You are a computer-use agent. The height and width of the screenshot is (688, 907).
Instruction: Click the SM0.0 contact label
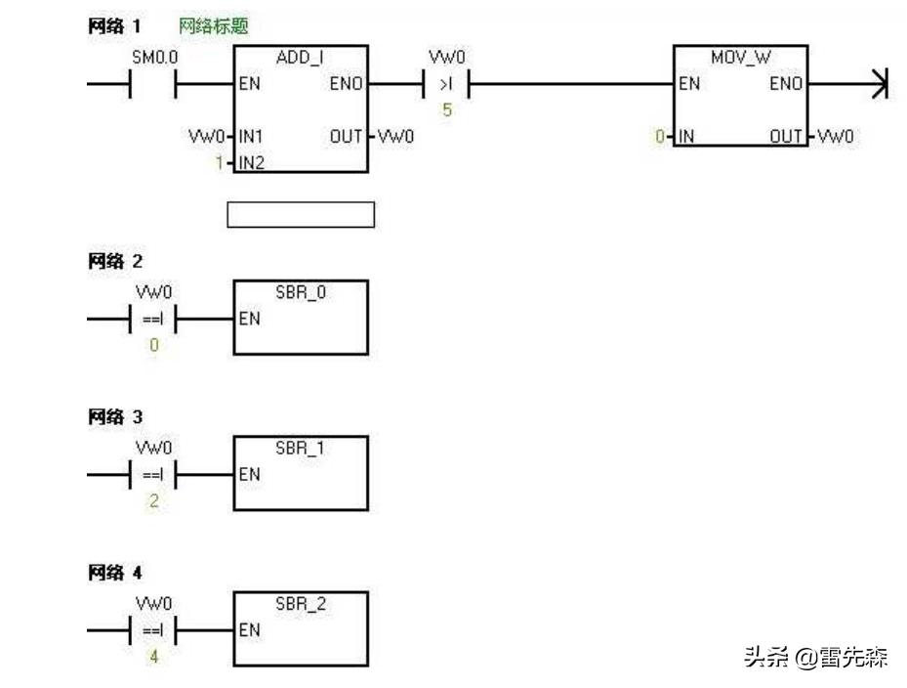(x=154, y=59)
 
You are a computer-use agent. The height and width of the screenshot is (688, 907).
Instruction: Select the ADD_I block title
(x=300, y=58)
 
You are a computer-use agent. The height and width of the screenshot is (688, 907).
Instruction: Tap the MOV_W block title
(x=740, y=58)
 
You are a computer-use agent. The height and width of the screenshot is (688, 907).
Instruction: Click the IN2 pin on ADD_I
(x=251, y=162)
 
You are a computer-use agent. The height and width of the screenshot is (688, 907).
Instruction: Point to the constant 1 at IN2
(x=220, y=162)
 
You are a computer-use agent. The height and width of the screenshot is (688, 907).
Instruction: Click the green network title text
(x=214, y=26)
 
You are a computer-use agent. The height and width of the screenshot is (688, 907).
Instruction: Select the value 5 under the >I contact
(x=447, y=109)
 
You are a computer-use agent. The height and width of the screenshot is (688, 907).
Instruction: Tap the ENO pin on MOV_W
(x=785, y=84)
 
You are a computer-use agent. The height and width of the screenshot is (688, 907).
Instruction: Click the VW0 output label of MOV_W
(x=835, y=137)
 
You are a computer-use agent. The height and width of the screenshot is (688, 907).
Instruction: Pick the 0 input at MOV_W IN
(x=660, y=137)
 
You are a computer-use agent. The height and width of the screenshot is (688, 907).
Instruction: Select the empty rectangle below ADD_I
(x=300, y=214)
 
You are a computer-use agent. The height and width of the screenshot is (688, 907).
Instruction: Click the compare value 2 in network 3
(x=153, y=500)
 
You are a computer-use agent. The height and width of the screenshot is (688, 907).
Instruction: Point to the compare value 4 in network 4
(x=153, y=657)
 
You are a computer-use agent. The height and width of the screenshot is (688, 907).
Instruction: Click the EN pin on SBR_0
(x=249, y=319)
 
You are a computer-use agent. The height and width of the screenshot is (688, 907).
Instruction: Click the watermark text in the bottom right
(x=815, y=657)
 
